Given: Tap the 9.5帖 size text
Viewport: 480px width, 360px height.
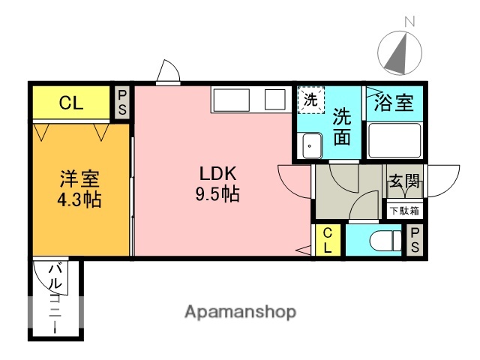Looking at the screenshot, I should [x=218, y=194].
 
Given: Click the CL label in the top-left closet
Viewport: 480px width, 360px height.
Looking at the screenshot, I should [x=71, y=103].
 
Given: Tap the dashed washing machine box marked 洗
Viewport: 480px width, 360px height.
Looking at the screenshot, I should [x=310, y=99].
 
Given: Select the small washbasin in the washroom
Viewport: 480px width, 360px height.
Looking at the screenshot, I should [x=311, y=145].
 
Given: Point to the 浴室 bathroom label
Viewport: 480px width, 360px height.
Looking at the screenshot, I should [x=394, y=103].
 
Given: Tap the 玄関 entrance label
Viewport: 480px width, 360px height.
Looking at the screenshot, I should [x=404, y=181].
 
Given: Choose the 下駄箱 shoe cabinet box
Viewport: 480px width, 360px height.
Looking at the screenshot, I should [x=404, y=211].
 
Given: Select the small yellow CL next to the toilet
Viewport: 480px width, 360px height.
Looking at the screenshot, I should [x=328, y=241].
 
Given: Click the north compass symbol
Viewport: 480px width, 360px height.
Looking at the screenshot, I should [x=399, y=53].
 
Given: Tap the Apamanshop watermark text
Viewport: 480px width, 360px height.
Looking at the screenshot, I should [x=240, y=311].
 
